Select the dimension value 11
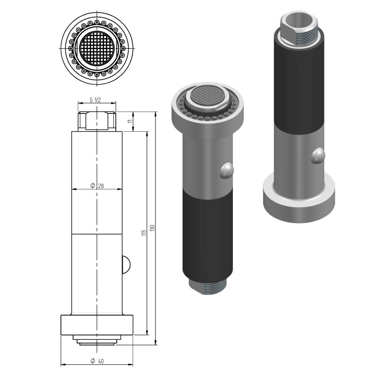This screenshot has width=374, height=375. click(x=130, y=121)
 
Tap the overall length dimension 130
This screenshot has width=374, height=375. click(x=152, y=229)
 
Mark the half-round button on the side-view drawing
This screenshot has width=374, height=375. click(x=125, y=264)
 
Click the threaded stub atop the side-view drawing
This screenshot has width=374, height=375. click(x=97, y=121)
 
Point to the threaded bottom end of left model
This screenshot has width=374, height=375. click(x=207, y=285)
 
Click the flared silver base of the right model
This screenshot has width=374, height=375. click(x=299, y=197)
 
